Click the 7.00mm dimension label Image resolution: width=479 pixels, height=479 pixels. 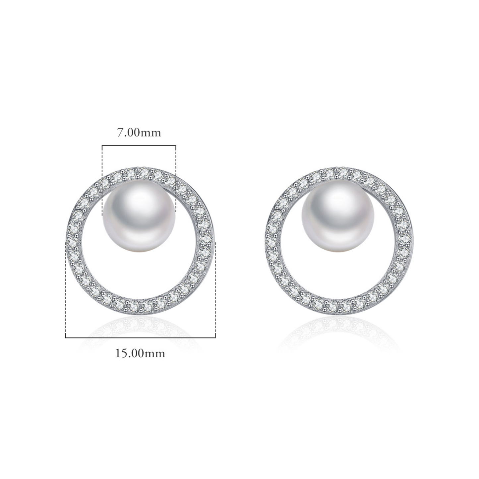pyautogui.click(x=139, y=133)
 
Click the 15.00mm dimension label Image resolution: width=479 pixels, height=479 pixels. pyautogui.click(x=140, y=353)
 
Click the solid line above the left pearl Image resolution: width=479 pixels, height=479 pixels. pyautogui.click(x=139, y=145)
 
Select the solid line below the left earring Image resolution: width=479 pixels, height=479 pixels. pyautogui.click(x=140, y=337)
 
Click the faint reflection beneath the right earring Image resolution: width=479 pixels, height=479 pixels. pyautogui.click(x=340, y=328)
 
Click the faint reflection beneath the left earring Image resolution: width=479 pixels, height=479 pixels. pyautogui.click(x=140, y=328)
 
